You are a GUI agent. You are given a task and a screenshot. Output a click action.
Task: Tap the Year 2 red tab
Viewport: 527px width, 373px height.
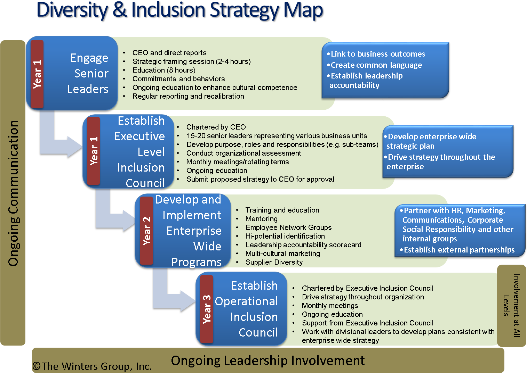146,231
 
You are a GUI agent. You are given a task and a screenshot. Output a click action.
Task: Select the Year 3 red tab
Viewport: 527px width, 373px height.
207,309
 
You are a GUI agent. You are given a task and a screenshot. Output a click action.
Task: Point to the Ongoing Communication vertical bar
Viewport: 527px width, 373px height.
13,193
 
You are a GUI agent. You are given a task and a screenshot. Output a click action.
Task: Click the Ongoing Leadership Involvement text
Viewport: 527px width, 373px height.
268,360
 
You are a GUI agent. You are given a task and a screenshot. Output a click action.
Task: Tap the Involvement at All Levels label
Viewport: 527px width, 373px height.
511,306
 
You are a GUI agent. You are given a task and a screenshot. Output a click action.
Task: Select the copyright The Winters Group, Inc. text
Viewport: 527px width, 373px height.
92,366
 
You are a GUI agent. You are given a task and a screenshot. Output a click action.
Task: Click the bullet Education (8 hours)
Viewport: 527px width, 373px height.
164,70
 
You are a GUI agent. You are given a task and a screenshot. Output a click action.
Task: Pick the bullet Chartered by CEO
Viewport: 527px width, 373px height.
216,127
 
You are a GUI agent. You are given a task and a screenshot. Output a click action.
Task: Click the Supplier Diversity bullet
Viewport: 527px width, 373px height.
274,262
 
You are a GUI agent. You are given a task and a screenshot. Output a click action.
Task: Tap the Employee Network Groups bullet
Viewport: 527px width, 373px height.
288,227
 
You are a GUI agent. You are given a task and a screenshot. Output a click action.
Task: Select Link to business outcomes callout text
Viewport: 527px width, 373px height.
377,54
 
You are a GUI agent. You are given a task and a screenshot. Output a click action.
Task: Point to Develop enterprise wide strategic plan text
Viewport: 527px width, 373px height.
431,141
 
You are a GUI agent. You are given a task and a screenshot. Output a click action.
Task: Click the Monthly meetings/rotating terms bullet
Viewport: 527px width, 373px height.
237,162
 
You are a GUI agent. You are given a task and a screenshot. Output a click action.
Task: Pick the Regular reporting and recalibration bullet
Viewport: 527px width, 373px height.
188,96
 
